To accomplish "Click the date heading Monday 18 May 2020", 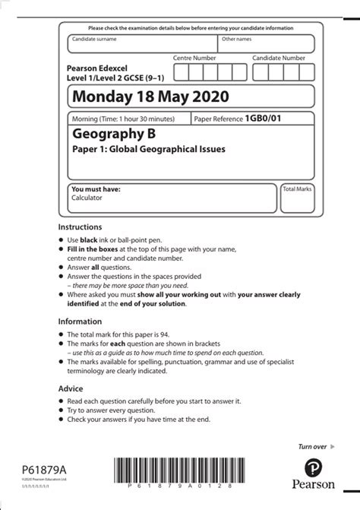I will click(x=148, y=97).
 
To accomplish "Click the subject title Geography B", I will click(x=113, y=135).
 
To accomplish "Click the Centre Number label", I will click(x=194, y=58).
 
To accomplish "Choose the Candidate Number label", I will click(x=279, y=58).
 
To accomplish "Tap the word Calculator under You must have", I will click(x=86, y=198).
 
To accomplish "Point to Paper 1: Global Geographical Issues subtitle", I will click(x=148, y=150).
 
